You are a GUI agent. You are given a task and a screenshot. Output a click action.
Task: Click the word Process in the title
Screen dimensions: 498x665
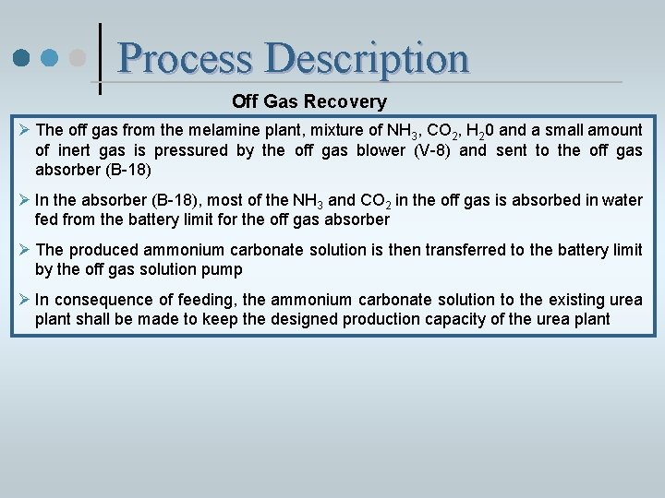(185, 58)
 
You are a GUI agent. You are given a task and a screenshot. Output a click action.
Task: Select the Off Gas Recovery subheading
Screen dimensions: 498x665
(309, 101)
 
